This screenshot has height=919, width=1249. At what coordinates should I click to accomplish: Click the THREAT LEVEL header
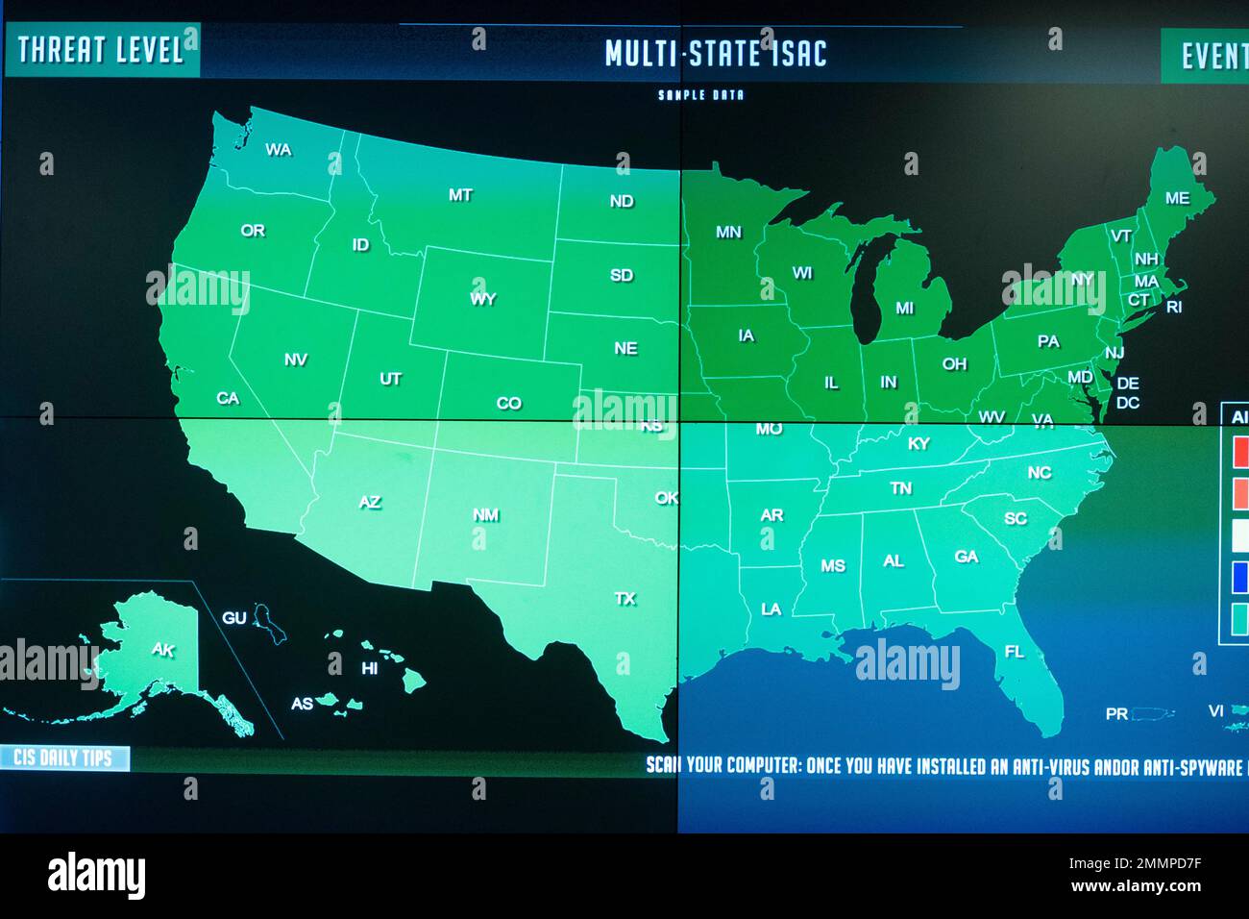[x=101, y=50]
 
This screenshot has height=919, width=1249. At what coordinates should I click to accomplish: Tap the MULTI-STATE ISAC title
[x=716, y=54]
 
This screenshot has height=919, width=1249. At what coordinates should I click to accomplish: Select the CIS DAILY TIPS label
[x=63, y=758]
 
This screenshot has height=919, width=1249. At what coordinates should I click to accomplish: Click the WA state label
[x=279, y=150]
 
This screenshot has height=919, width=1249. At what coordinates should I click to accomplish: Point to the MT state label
[x=460, y=195]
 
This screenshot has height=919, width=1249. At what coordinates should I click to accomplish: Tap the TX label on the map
[x=625, y=599]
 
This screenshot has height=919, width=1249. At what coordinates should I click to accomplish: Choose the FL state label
[x=1015, y=652]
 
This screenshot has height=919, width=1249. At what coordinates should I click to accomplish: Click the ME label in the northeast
[x=1177, y=199]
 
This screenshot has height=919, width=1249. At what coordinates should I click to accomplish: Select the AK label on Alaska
[x=163, y=650]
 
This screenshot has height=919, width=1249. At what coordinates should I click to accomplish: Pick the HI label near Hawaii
[x=370, y=668]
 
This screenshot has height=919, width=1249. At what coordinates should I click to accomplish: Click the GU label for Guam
[x=234, y=618]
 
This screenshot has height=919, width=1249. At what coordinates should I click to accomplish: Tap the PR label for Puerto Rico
[x=1116, y=714]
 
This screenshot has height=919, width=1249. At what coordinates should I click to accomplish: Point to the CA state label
[x=228, y=398]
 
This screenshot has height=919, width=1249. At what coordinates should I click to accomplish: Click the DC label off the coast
[x=1128, y=403]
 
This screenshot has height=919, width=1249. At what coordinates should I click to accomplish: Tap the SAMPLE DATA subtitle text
[x=700, y=95]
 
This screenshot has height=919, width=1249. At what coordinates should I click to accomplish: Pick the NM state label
[x=485, y=515]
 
